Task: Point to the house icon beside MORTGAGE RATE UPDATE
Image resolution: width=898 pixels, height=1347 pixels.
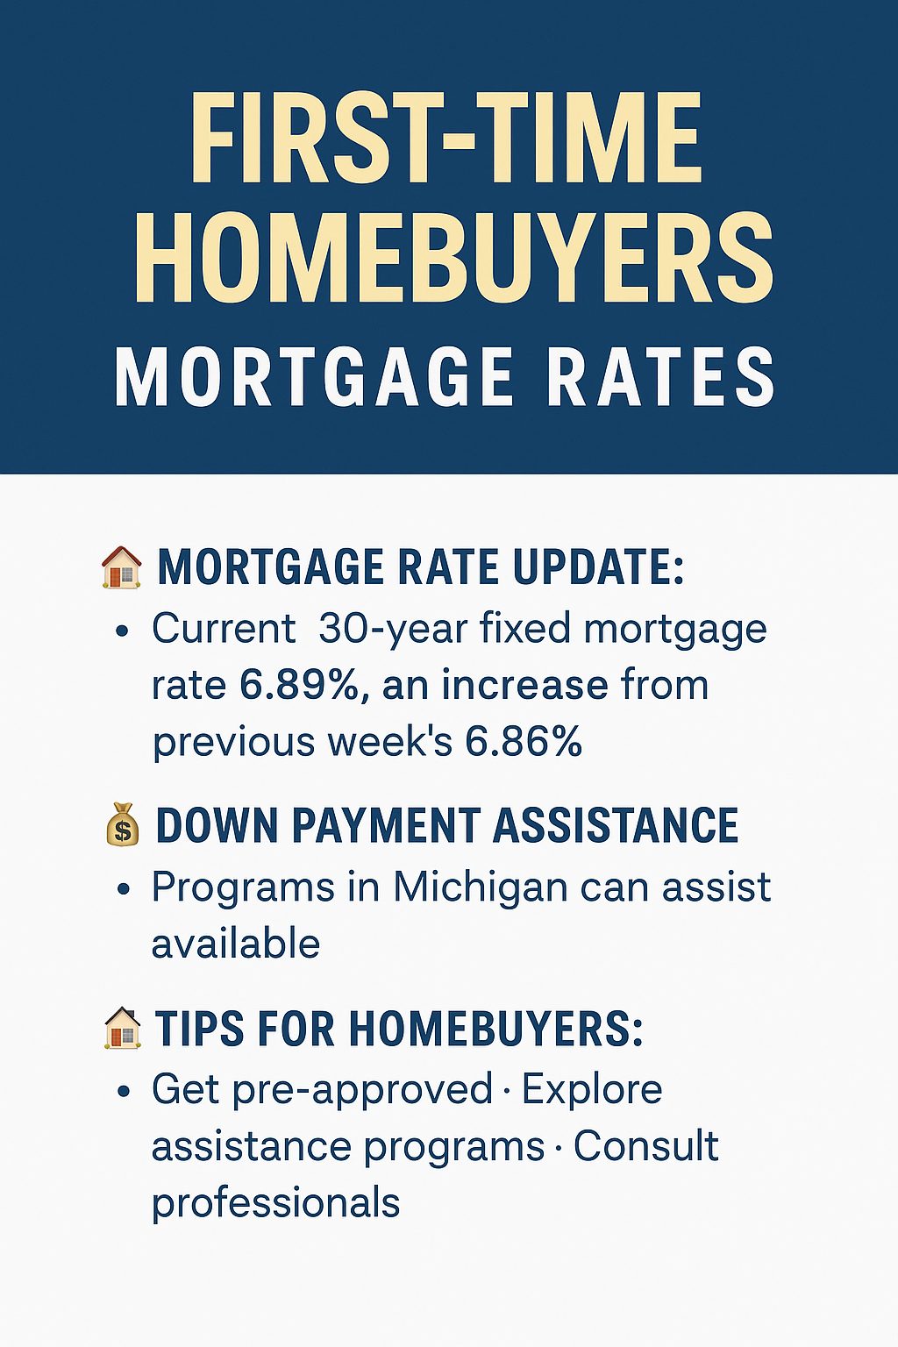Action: pos(122,567)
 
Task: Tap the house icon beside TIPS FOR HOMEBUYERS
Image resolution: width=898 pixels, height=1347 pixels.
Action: pos(123,1028)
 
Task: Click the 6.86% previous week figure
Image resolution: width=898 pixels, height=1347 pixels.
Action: pos(524,741)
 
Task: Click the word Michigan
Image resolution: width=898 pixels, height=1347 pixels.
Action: pos(481,887)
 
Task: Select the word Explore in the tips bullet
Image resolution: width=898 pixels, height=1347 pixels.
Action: pos(592,1090)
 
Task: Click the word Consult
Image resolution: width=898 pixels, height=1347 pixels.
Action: pos(646,1146)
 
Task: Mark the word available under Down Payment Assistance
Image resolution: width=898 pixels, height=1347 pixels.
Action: pos(235,944)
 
